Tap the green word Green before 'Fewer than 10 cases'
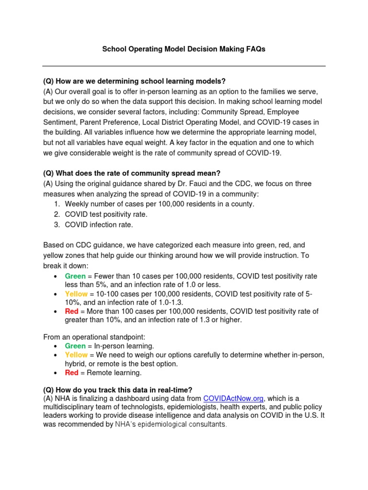(76, 276)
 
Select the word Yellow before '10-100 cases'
(77, 294)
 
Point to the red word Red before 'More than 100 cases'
(72, 312)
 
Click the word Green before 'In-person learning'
(76, 346)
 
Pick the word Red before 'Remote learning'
(72, 373)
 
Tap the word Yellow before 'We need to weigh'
(77, 355)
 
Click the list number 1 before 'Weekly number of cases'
(57, 204)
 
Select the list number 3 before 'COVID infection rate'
(57, 224)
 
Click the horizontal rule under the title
(184, 66)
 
